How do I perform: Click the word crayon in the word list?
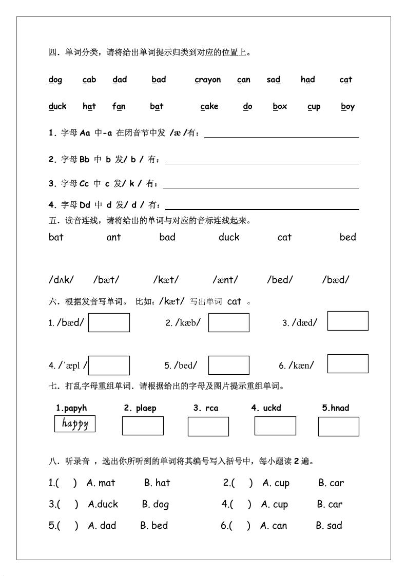pos(208,80)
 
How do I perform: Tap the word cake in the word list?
pos(209,106)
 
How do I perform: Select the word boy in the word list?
pos(348,106)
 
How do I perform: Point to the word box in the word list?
pos(280,106)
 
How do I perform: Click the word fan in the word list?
pos(119,106)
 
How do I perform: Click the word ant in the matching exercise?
pos(113,237)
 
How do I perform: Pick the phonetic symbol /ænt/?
pos(225,280)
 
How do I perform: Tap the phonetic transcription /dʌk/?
pos(61,280)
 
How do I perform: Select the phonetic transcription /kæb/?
pos(187,322)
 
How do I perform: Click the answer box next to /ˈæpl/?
pos(109,366)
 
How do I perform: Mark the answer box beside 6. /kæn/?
pos(347,363)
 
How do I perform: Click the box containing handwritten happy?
pos(75,424)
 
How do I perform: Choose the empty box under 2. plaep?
pos(143,426)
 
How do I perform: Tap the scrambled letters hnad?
pos(336,408)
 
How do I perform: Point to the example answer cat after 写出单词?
pos(234,301)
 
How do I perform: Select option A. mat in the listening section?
pos(101,483)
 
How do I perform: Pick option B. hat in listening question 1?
pos(157,483)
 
